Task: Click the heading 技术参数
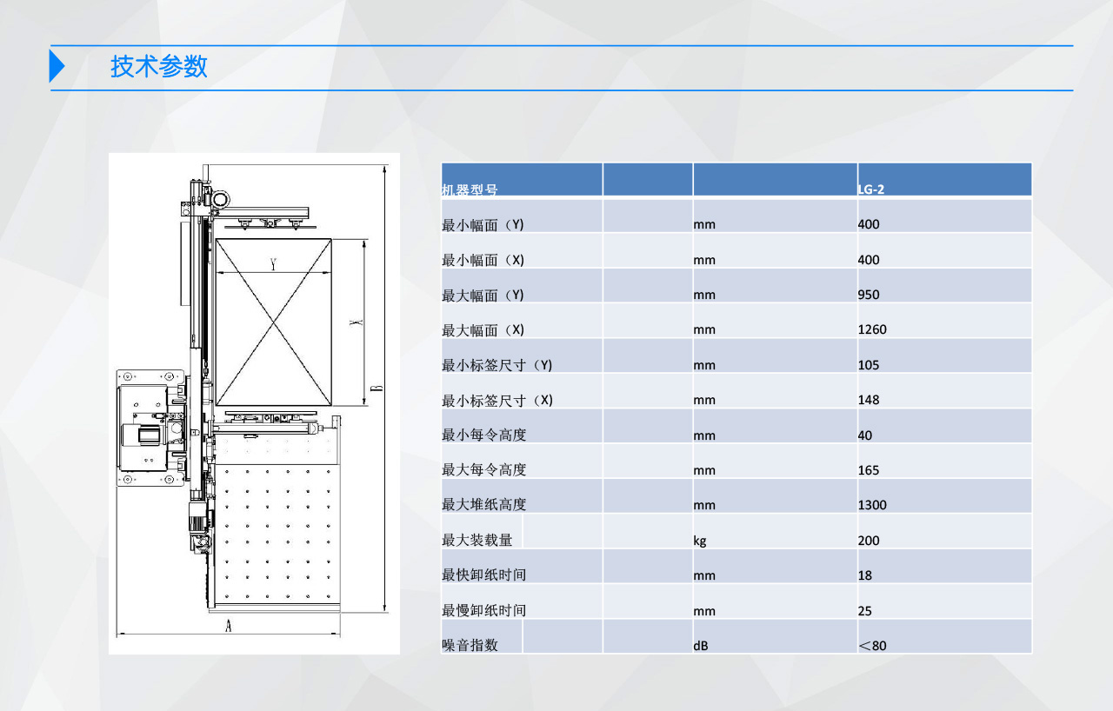pos(158,66)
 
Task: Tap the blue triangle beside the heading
pos(57,66)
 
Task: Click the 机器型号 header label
pos(470,189)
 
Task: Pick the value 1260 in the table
pos(872,329)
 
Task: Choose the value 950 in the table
pos(869,295)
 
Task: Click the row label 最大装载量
pos(477,540)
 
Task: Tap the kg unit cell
pos(700,541)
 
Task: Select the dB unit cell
pos(701,646)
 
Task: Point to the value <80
pos(872,646)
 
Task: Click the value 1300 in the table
pos(872,505)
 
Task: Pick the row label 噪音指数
pos(470,646)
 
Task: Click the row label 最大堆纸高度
pos(484,505)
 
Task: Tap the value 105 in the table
pos(869,365)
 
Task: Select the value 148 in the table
pos(869,400)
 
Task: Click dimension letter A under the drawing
pos(228,626)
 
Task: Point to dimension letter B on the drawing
pos(377,388)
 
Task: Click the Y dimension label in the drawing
pos(273,264)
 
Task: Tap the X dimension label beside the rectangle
pos(357,322)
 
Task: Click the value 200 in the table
pos(869,540)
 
